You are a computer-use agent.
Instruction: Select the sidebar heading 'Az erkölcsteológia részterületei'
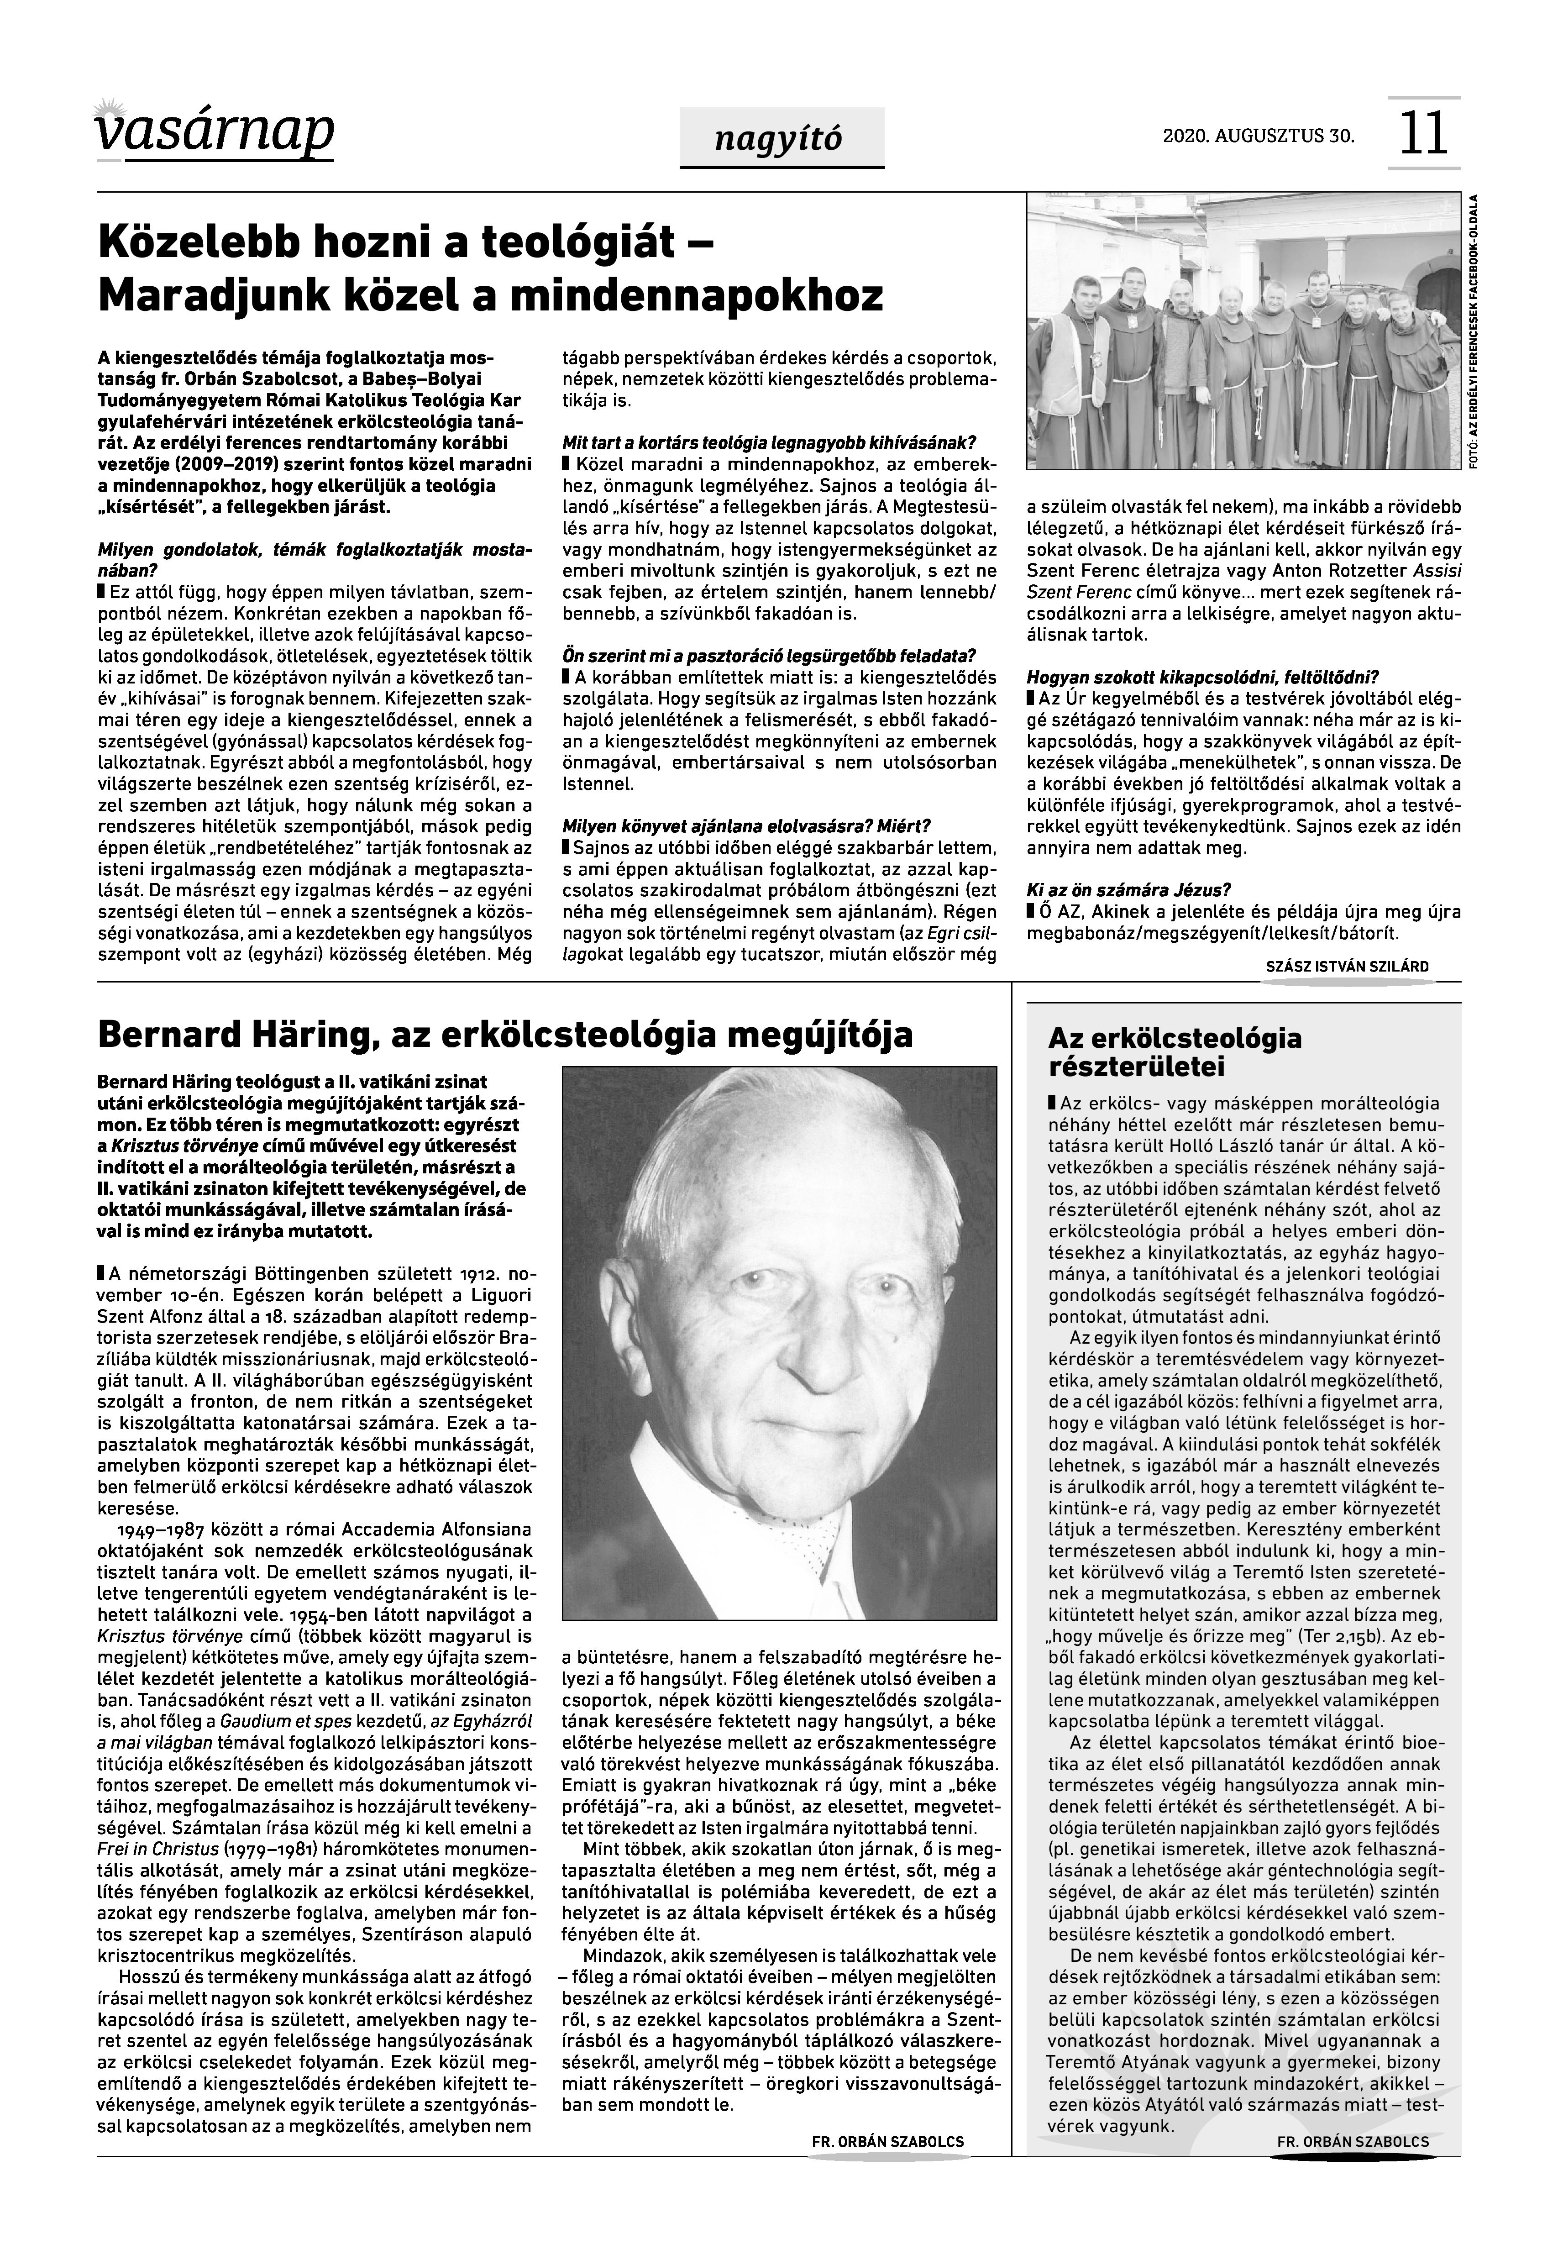[x=1175, y=1051]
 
